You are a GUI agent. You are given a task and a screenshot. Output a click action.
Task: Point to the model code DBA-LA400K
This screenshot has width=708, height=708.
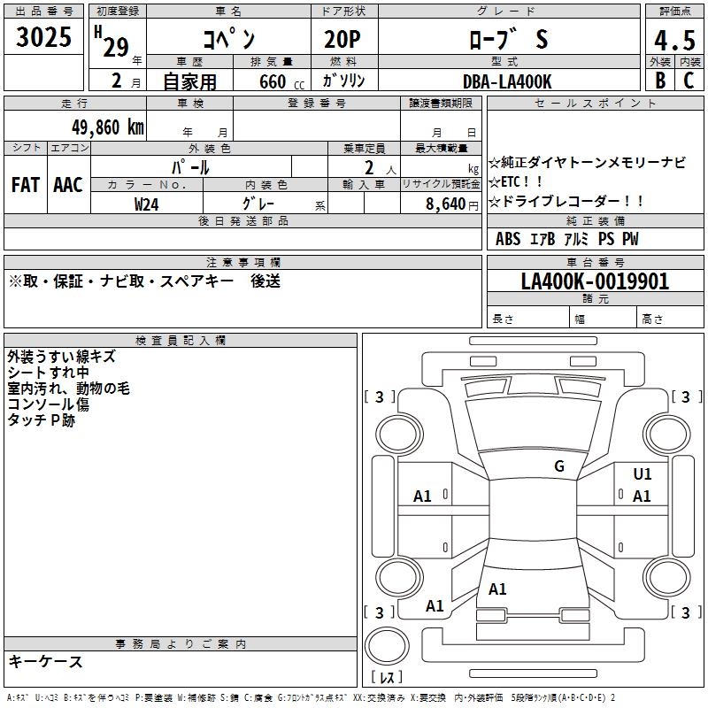pos(507,81)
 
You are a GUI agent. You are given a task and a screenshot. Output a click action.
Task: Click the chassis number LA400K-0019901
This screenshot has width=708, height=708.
pos(595,282)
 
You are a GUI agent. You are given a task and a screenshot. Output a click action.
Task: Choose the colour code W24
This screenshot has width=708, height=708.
pos(147,204)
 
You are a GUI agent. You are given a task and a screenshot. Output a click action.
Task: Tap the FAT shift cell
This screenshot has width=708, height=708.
pos(26,185)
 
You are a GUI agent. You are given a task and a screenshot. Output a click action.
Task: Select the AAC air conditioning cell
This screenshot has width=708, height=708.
pos(68,185)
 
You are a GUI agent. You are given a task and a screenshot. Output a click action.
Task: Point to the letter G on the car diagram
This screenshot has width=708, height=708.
pos(559,466)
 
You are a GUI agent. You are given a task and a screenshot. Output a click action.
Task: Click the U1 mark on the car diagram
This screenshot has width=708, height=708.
pos(643,474)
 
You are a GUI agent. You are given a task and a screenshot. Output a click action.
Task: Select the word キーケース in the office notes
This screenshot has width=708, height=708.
pos(46,661)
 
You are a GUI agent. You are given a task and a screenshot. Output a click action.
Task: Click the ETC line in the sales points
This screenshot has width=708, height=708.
pos(522,181)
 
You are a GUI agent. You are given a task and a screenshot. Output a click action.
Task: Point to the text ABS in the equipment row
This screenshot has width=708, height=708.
pos(508,239)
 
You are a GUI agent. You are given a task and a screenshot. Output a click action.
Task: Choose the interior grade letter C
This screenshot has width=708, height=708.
pos(689,81)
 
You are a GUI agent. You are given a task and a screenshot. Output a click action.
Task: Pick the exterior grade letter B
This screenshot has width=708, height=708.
pos(660,81)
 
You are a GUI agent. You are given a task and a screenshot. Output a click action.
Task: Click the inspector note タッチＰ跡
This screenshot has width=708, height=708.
pos(42,421)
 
